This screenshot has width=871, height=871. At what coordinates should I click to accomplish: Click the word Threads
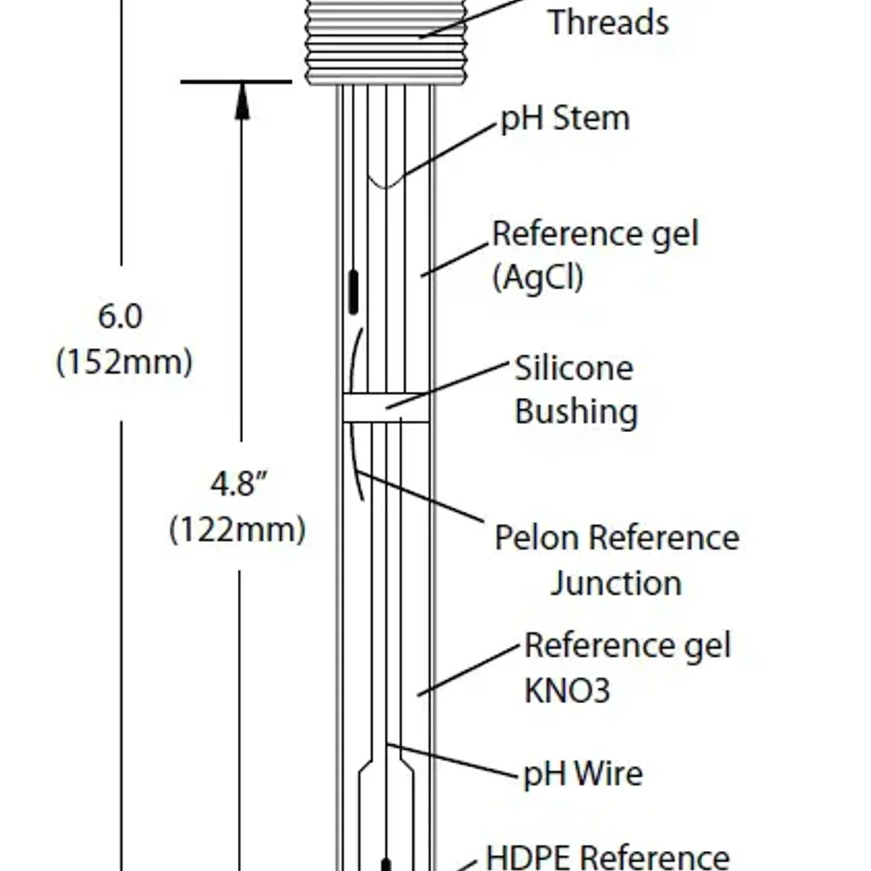point(608,22)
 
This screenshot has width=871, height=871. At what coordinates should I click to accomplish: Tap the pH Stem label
point(564,118)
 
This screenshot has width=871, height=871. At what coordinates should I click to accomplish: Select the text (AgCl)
point(537,278)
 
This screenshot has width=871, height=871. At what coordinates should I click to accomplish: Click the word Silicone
point(574,368)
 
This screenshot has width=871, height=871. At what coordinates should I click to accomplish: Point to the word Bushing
point(576,412)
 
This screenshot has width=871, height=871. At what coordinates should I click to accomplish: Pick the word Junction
point(615,582)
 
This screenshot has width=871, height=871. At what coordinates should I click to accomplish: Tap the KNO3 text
point(567,691)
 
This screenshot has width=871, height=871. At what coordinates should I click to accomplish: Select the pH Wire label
point(583,773)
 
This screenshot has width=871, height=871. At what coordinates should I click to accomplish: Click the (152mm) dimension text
point(124,361)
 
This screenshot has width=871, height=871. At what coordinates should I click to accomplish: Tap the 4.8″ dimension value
point(238,483)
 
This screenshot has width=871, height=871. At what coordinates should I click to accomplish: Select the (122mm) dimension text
point(237,529)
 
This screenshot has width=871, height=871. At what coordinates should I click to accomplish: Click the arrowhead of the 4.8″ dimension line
point(242,100)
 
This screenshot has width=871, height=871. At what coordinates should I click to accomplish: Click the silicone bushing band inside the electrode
point(386,408)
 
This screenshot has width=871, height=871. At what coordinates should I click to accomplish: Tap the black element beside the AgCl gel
point(354,292)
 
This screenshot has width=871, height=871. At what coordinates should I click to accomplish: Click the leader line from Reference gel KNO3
point(470,671)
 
